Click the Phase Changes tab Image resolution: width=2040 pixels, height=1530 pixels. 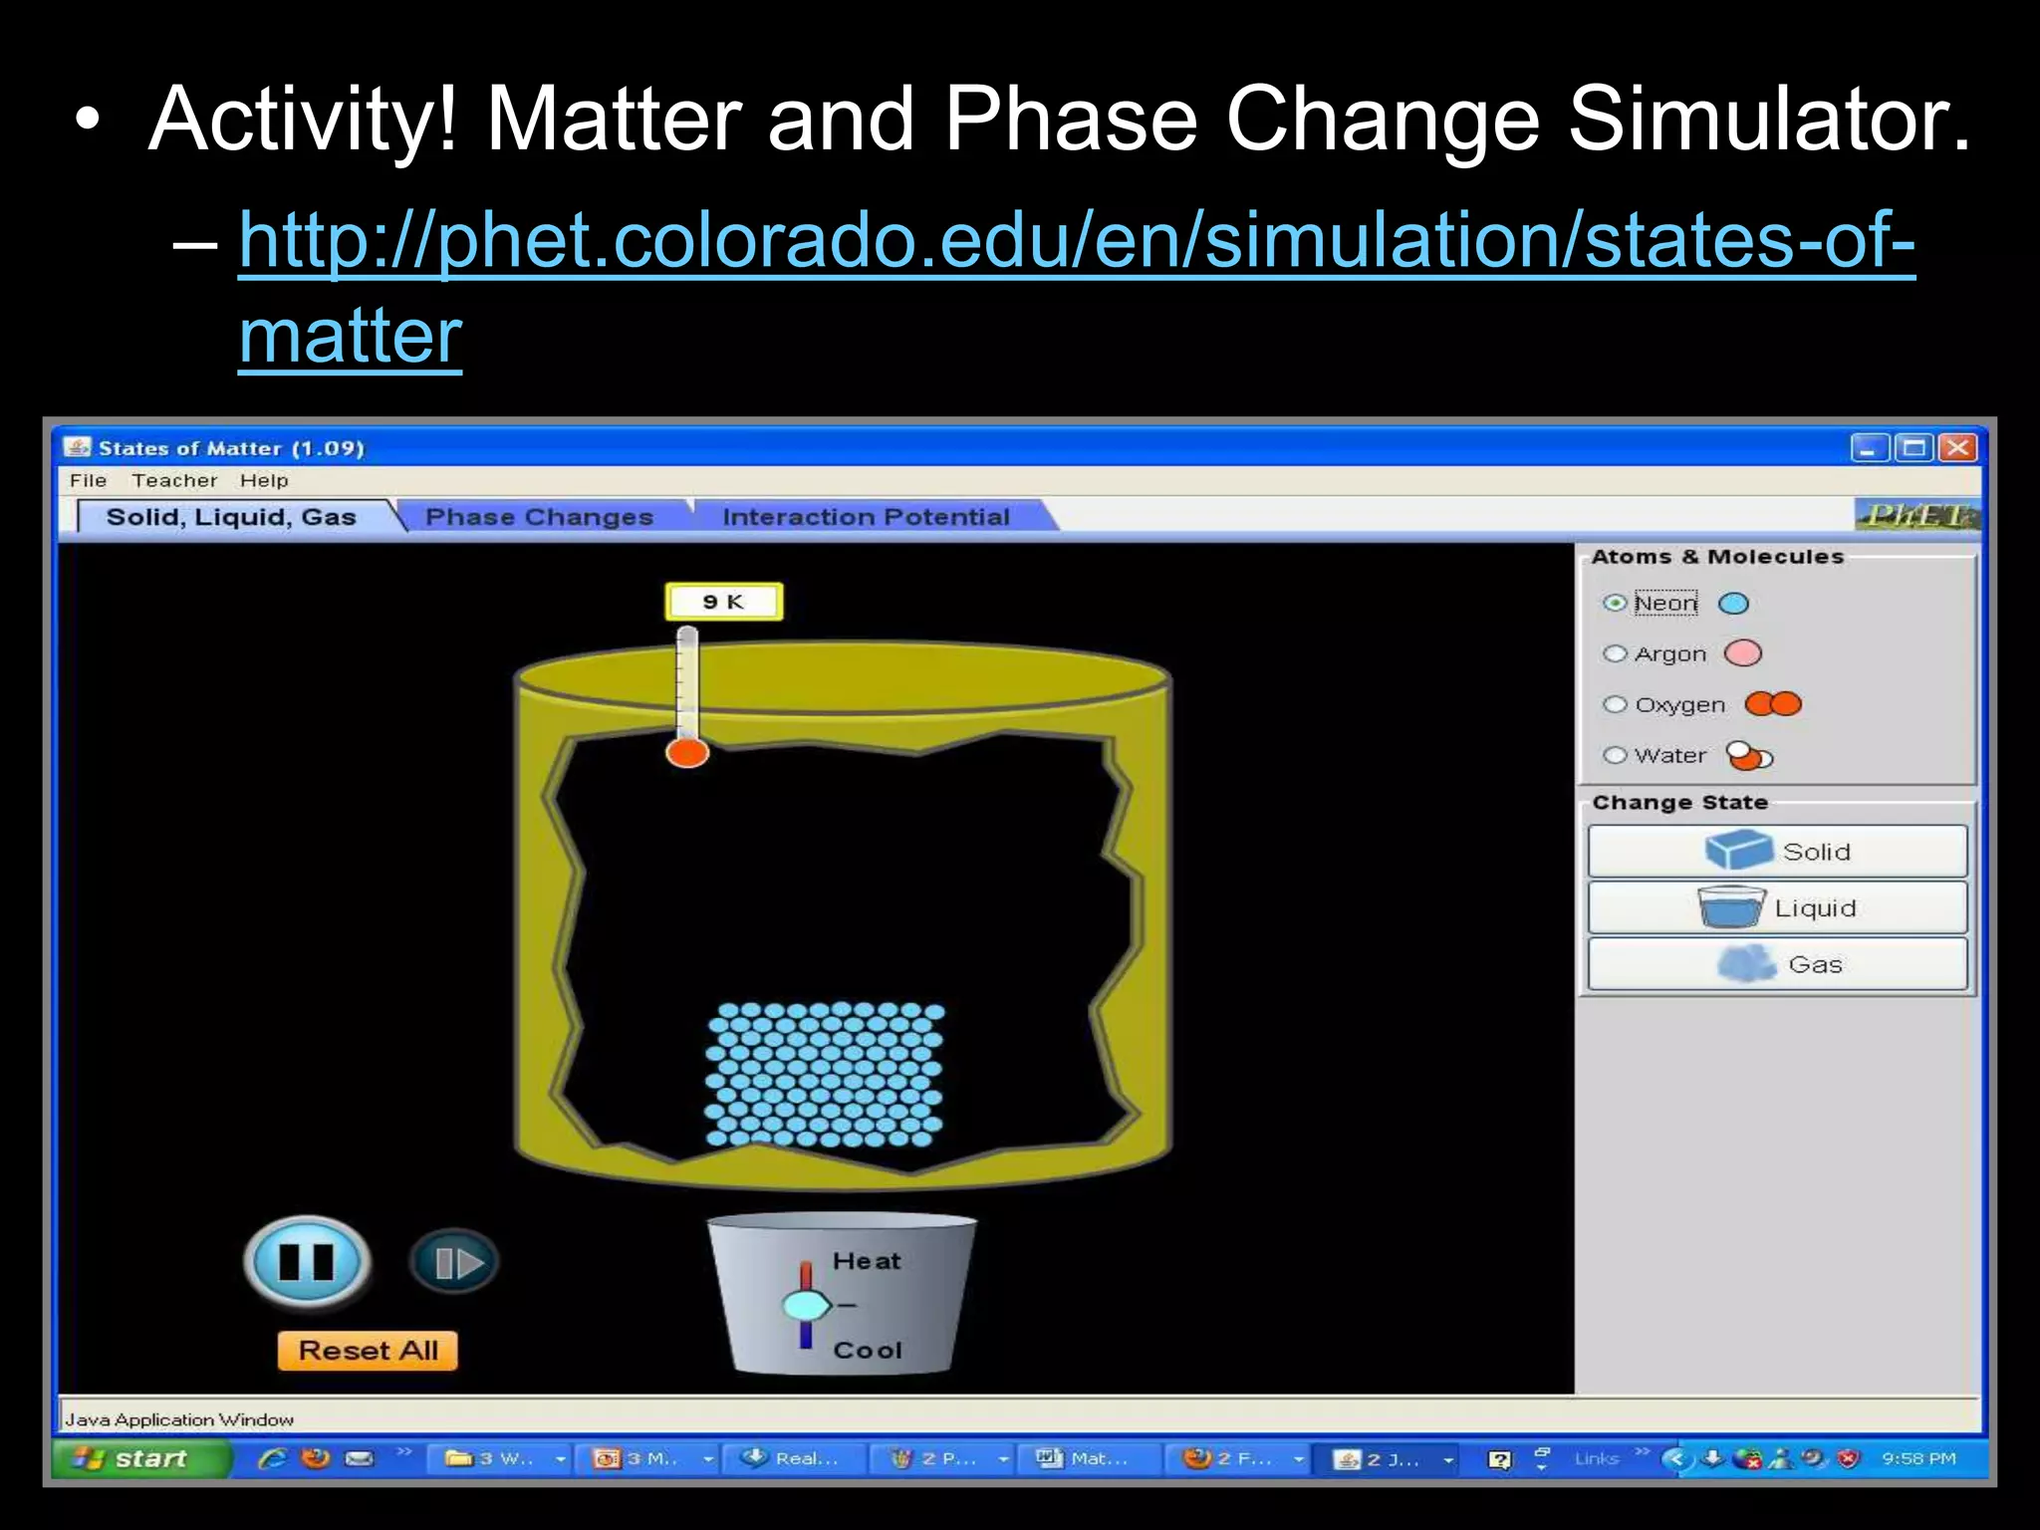pyautogui.click(x=539, y=517)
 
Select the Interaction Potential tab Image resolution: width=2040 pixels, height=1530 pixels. pyautogui.click(x=866, y=517)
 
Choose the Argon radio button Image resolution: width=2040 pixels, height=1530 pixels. pyautogui.click(x=1615, y=654)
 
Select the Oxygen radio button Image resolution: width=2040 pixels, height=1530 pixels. pyautogui.click(x=1615, y=705)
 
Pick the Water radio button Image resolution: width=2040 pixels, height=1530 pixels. pyautogui.click(x=1615, y=755)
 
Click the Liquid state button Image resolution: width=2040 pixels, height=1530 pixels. pyautogui.click(x=1777, y=907)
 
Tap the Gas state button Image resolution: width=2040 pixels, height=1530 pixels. pyautogui.click(x=1777, y=964)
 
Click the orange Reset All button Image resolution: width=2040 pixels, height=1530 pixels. pyautogui.click(x=368, y=1351)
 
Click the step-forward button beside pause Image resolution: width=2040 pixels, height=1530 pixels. pyautogui.click(x=454, y=1263)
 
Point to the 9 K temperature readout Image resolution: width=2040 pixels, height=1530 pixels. pyautogui.click(x=724, y=602)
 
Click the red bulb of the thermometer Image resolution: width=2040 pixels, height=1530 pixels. pyautogui.click(x=687, y=752)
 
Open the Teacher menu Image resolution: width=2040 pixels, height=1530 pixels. pyautogui.click(x=174, y=480)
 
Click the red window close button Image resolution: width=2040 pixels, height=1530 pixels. pyautogui.click(x=1957, y=448)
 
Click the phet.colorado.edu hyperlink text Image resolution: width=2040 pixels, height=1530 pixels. pyautogui.click(x=1076, y=241)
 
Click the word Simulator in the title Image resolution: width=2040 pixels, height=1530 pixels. pyautogui.click(x=1767, y=120)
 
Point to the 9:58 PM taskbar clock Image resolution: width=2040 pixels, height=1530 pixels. pyautogui.click(x=1918, y=1458)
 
